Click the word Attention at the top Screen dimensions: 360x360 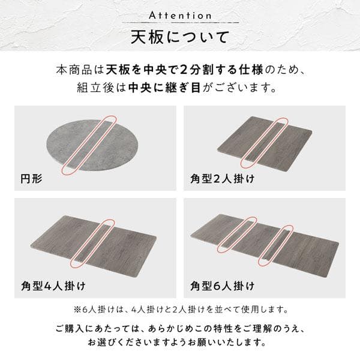click(x=179, y=14)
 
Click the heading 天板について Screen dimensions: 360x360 click(x=179, y=37)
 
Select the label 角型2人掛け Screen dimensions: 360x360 click(x=221, y=178)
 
